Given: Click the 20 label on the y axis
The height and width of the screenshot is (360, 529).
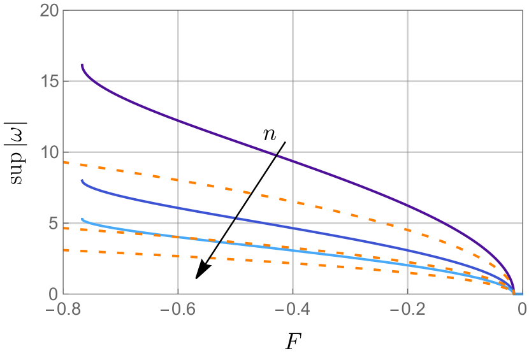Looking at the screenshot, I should (48, 11).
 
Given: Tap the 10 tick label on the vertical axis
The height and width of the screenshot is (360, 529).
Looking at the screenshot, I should (48, 152).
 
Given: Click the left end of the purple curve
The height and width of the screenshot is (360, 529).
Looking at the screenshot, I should (82, 64).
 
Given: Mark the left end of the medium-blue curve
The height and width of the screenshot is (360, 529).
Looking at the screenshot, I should (82, 180).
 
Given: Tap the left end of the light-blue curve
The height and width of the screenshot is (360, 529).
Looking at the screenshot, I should (82, 219).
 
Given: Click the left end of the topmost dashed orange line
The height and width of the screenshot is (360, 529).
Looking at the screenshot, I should (63, 162).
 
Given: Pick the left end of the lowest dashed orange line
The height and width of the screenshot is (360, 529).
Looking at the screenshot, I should (63, 250).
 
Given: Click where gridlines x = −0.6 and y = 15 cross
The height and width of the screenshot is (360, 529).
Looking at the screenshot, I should (178, 82).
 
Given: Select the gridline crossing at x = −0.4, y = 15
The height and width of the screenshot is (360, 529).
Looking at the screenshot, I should (293, 82).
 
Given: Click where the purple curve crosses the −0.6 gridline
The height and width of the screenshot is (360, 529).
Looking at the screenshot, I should (178, 120).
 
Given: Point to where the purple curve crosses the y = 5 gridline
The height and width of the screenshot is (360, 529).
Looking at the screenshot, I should (447, 224).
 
